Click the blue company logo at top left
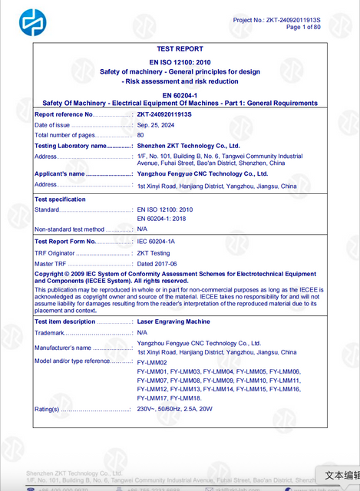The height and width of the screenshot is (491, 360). click(32, 23)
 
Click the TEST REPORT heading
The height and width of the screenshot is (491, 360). click(180, 48)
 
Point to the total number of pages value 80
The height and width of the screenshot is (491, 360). click(140, 135)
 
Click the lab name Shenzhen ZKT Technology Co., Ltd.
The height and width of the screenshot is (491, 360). click(188, 145)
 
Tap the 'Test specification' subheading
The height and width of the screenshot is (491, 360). click(61, 199)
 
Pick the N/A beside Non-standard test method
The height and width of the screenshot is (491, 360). click(142, 229)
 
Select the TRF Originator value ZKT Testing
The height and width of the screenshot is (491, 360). click(154, 252)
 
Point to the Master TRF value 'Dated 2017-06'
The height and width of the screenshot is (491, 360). click(157, 263)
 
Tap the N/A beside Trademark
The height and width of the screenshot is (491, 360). click(142, 333)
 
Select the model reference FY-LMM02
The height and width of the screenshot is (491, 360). click(152, 361)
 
